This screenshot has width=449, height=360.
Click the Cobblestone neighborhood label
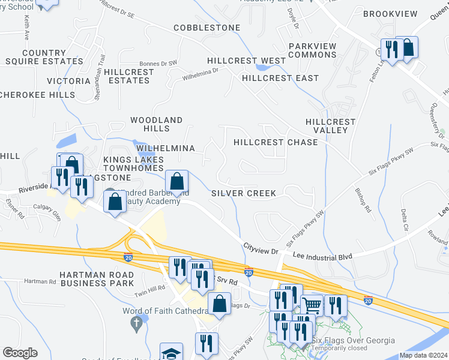207,28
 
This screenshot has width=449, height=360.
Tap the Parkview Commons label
312,50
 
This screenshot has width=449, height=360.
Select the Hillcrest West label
247,61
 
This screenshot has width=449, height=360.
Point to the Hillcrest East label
280,78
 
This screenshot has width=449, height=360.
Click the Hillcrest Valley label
331,126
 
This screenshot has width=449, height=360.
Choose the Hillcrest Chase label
276,143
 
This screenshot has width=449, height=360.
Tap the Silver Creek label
244,193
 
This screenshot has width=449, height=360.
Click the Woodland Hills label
157,124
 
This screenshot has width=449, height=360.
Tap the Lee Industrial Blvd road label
322,256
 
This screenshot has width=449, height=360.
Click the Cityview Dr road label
261,247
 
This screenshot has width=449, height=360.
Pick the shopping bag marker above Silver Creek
178,181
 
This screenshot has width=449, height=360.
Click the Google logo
20,353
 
